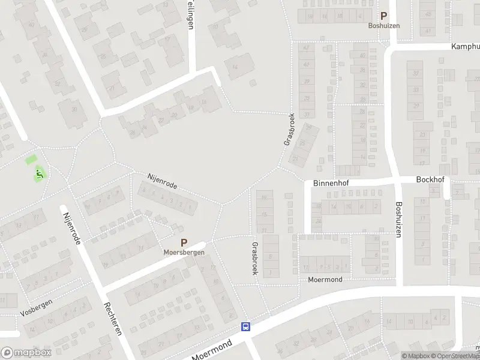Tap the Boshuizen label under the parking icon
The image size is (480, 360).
[x=383, y=26]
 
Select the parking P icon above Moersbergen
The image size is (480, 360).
[x=184, y=243]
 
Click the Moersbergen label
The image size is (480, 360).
[x=184, y=253]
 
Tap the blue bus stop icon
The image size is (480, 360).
[x=245, y=326]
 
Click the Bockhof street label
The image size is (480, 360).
[x=429, y=179]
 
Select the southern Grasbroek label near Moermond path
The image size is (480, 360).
[x=255, y=259]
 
